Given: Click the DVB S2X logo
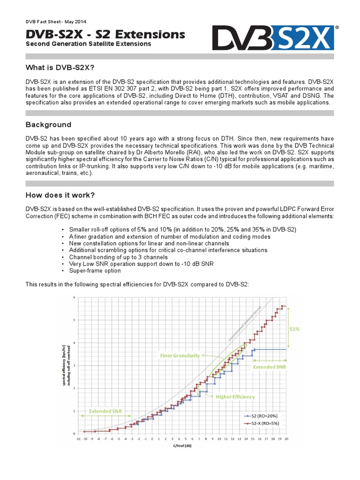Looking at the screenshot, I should [273, 37].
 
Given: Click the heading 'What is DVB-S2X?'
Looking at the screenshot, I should [60, 68].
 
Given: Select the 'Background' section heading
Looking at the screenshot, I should [48, 125].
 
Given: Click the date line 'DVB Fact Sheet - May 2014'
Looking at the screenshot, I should [55, 22].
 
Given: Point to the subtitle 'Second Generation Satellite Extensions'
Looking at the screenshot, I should [88, 44].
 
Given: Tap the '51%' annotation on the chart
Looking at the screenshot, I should [294, 329].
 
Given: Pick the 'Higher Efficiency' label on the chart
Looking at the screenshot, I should [235, 397].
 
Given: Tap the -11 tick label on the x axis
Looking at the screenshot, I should [78, 439].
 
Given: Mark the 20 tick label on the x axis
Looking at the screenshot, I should [286, 439].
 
